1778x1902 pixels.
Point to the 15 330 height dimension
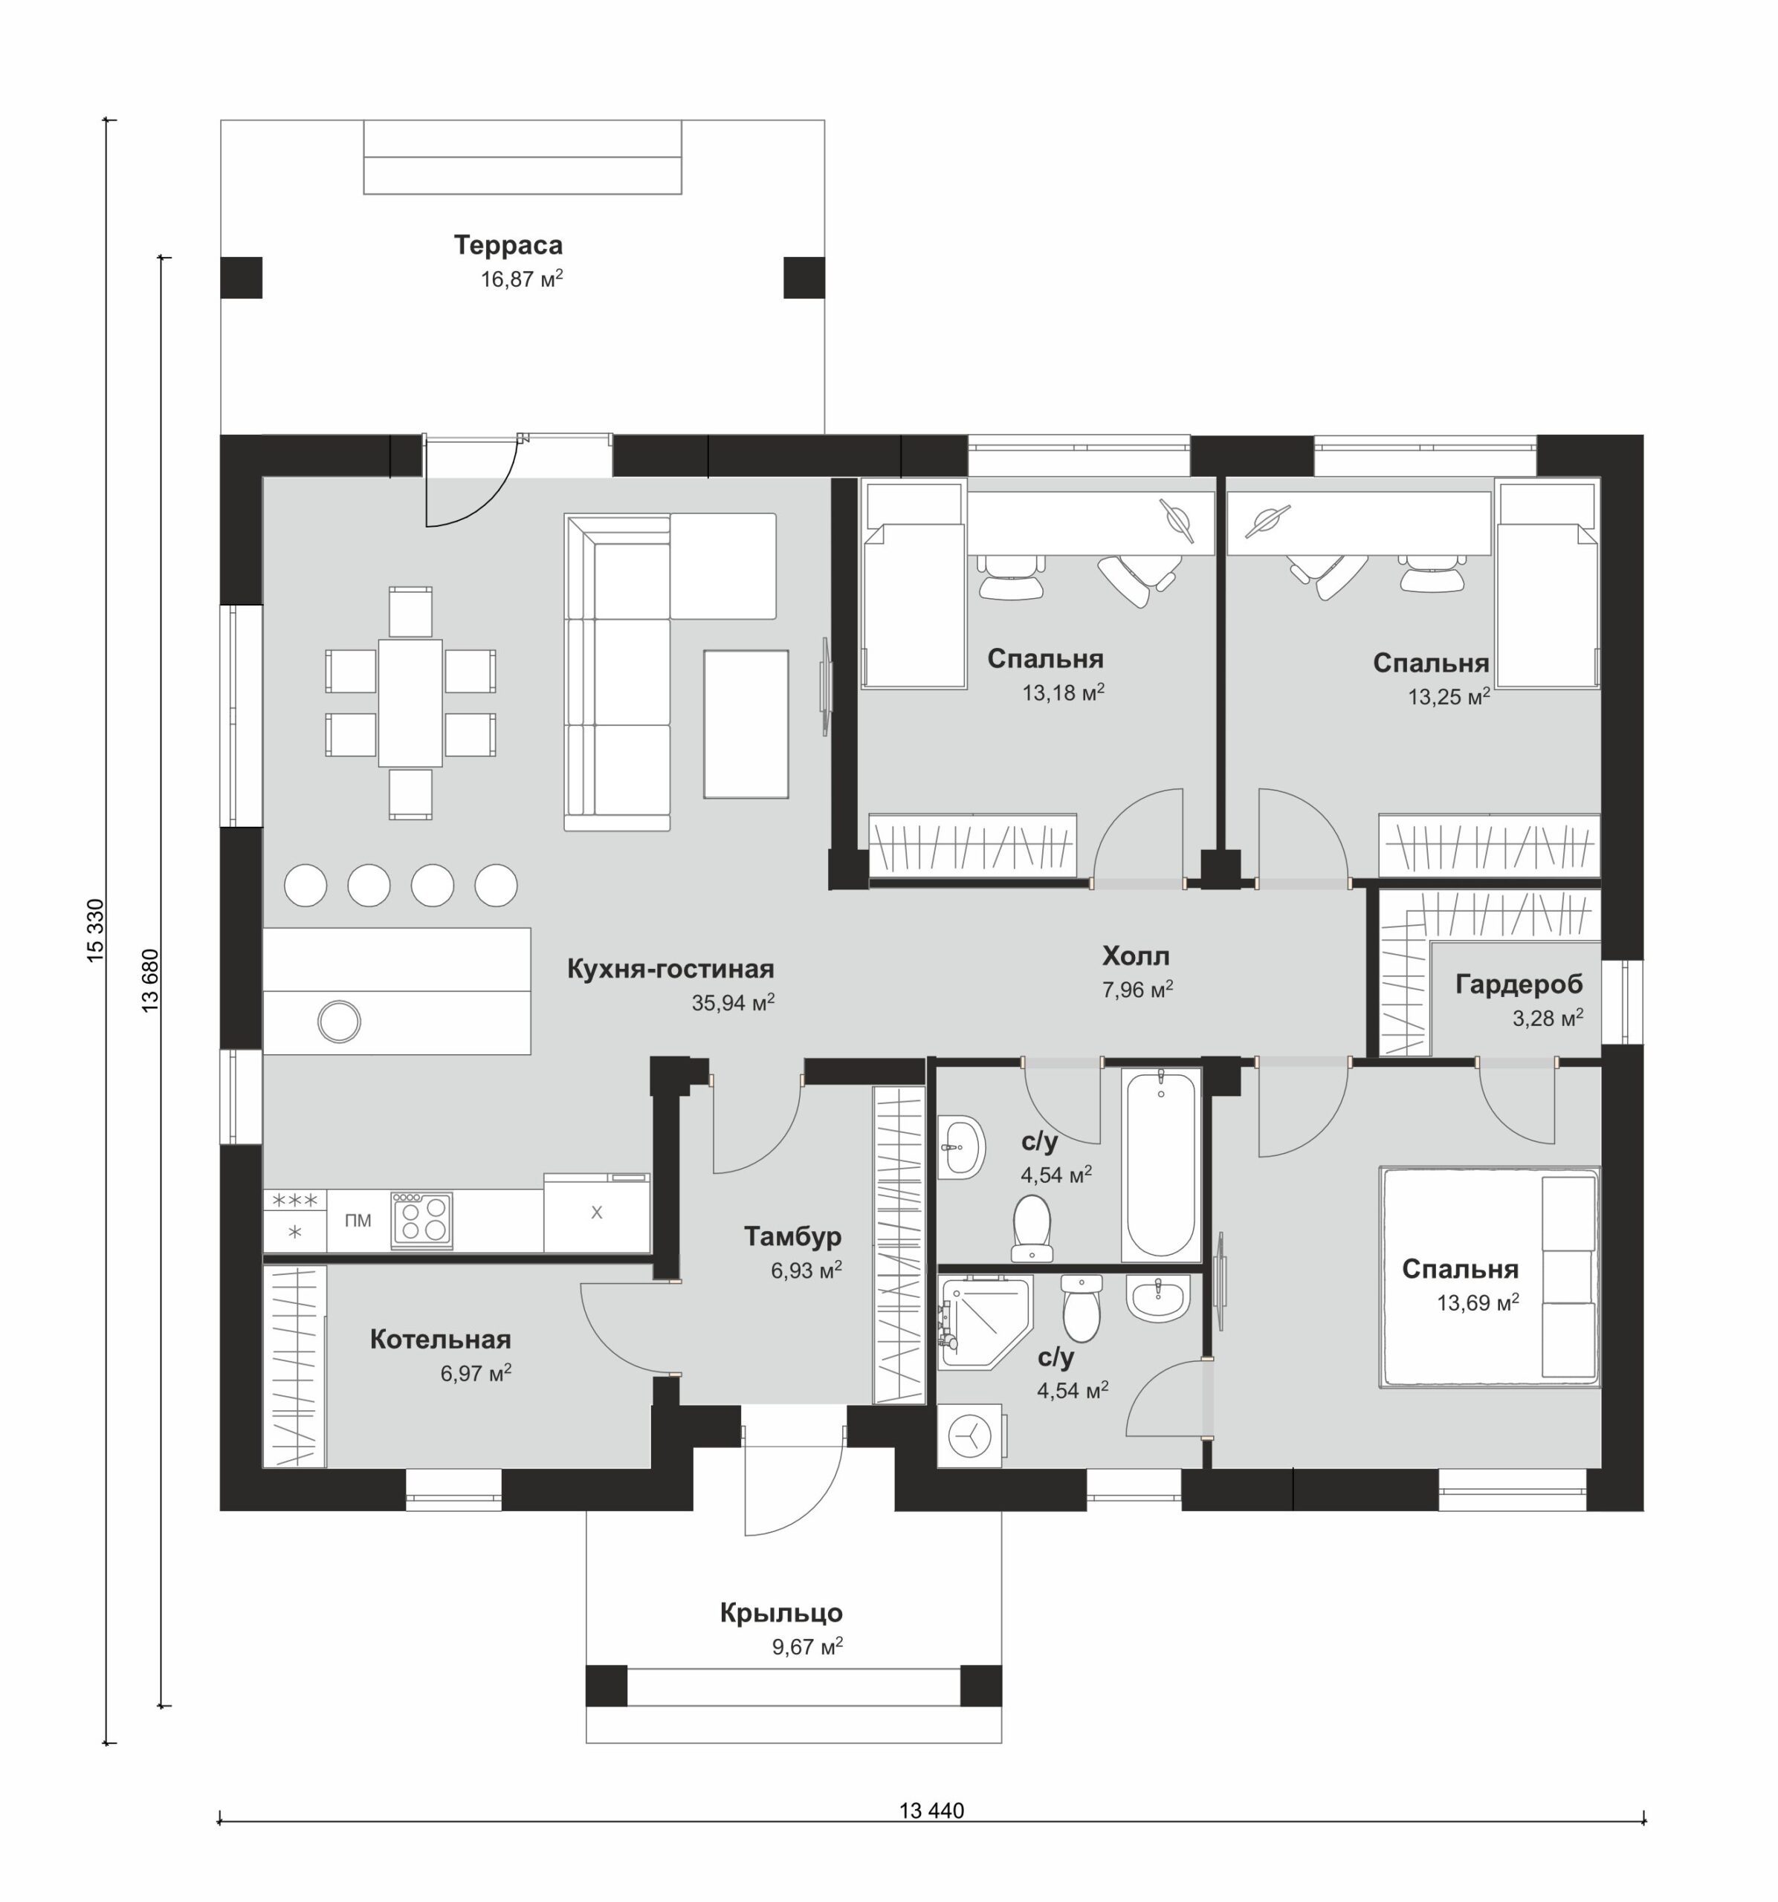[96, 930]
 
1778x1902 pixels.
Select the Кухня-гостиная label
[670, 968]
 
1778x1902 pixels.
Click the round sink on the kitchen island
[339, 1021]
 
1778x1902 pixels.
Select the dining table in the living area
[410, 702]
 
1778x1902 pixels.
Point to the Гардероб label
[1519, 984]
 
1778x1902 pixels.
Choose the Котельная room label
[440, 1339]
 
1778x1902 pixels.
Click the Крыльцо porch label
[781, 1613]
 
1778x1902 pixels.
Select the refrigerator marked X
[597, 1213]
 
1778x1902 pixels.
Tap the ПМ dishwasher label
[358, 1220]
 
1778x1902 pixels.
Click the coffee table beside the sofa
[746, 724]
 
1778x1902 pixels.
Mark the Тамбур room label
[792, 1236]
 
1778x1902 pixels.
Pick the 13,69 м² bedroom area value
[1478, 1302]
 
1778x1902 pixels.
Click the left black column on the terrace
[241, 277]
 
